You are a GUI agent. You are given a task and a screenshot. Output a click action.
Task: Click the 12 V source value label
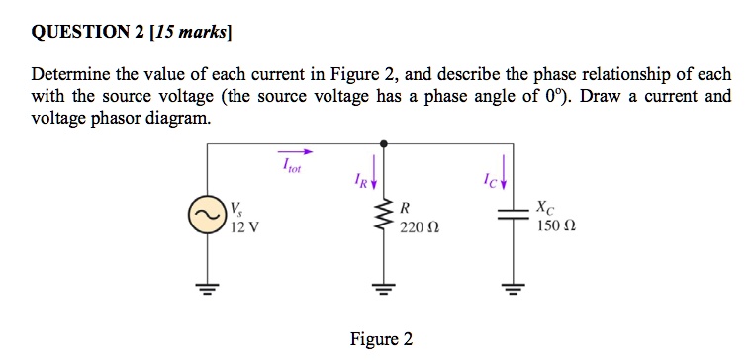click(x=243, y=226)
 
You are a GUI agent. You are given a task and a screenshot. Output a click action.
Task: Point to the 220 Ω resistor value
click(x=415, y=227)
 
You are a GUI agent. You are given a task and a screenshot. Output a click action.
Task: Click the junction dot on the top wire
click(x=383, y=143)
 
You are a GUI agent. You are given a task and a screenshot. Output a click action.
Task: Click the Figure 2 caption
click(x=381, y=339)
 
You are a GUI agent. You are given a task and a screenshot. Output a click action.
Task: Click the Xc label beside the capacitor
click(x=545, y=209)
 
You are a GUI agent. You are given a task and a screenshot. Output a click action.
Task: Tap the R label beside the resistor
click(x=403, y=209)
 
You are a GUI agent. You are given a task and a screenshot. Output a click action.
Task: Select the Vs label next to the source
click(x=235, y=209)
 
